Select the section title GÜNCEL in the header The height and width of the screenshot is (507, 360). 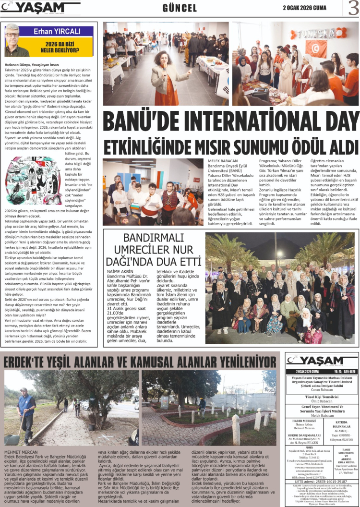[x=180, y=8]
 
